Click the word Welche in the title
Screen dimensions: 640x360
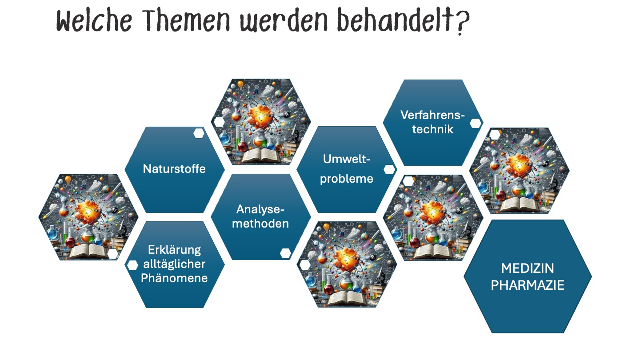pos(94,20)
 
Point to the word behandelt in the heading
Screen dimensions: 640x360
pos(396,20)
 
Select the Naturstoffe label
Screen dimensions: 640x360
pos(174,169)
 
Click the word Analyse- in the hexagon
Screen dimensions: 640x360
pos(260,209)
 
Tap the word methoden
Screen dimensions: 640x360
pos(260,224)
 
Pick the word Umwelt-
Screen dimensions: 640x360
pos(347,159)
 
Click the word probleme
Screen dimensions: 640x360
pos(347,179)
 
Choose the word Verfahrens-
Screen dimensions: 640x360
pos(432,115)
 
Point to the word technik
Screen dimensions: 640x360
pos(432,129)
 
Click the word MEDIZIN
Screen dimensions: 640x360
pos(528,268)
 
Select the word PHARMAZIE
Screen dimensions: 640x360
pos(528,285)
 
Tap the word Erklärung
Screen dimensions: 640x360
pos(174,250)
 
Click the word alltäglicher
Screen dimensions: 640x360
pos(174,264)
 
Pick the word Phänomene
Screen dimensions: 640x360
pos(174,278)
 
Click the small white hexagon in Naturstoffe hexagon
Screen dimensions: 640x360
pos(199,133)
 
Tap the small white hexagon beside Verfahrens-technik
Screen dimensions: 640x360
pos(476,123)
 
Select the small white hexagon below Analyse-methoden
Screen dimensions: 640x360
pos(285,253)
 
